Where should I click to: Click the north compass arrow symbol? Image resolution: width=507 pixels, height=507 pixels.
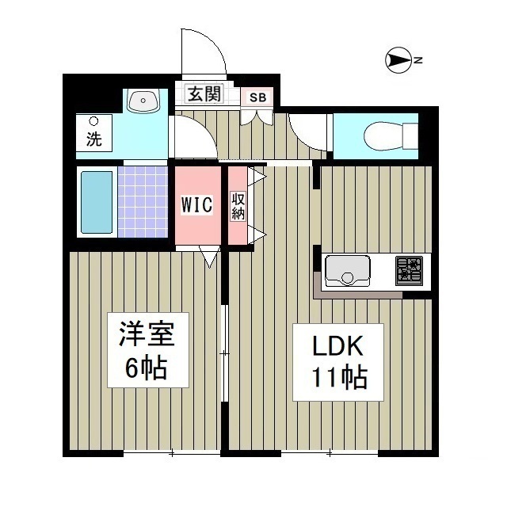[x=399, y=59]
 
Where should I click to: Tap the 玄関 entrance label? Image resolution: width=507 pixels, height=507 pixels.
[x=204, y=94]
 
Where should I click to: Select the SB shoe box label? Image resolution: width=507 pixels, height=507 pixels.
[x=258, y=97]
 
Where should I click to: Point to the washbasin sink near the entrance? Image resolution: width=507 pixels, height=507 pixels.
[x=143, y=100]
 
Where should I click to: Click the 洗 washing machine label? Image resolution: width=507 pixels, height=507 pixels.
[x=93, y=140]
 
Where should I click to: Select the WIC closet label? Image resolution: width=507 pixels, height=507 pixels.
[x=196, y=204]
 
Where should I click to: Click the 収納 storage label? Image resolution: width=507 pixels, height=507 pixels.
[x=238, y=206]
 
